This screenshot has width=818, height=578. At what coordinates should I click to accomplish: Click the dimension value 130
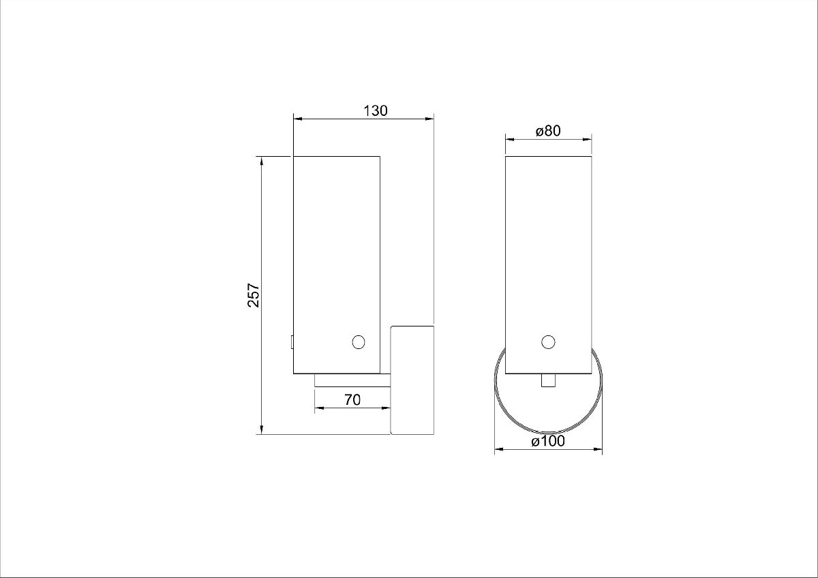tap(375, 110)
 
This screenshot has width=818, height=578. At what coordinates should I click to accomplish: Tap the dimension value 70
tap(352, 400)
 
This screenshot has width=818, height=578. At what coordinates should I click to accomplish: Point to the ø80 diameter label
tap(547, 131)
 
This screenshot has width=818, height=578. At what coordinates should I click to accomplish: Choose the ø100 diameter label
tap(548, 442)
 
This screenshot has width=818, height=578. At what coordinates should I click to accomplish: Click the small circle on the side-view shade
tap(359, 342)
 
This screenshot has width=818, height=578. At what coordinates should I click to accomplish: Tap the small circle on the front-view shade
tap(548, 342)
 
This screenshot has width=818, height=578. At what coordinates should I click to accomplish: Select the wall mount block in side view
tap(412, 380)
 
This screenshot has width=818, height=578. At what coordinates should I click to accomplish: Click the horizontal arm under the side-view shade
tap(352, 381)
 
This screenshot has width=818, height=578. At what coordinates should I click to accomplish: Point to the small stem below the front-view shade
tap(548, 381)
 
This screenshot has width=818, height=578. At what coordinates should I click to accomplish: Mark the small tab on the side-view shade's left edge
tap(291, 341)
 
